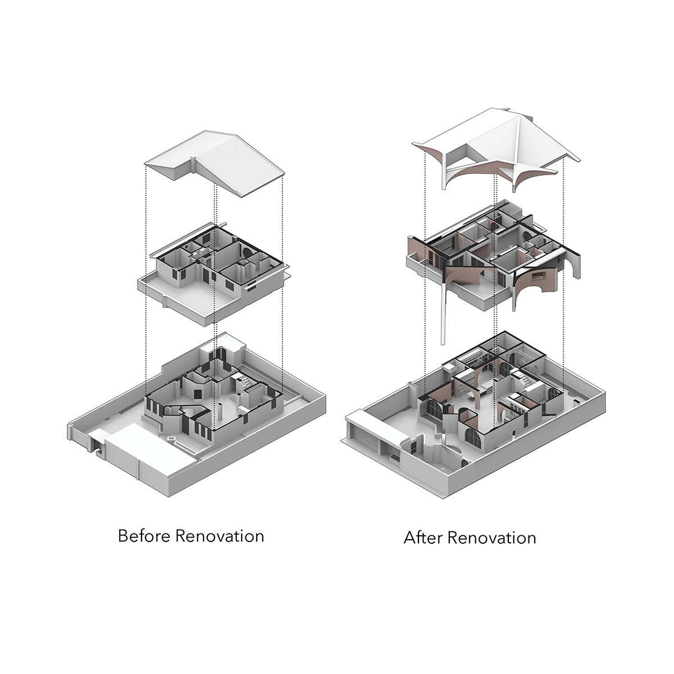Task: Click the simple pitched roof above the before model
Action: click(215, 163)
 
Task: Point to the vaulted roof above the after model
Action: click(496, 151)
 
